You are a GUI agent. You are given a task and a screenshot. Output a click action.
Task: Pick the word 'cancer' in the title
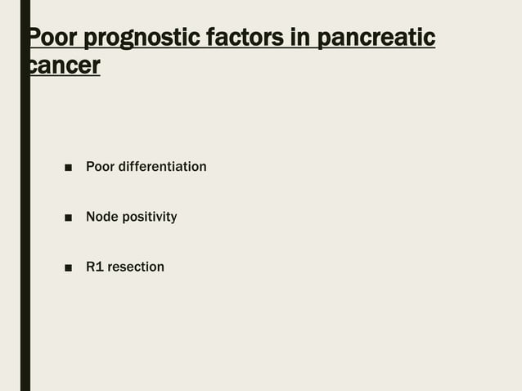pyautogui.click(x=65, y=66)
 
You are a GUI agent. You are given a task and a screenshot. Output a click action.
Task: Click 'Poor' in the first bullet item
pyautogui.click(x=100, y=167)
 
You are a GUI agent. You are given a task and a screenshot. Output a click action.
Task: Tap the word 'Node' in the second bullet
pyautogui.click(x=101, y=217)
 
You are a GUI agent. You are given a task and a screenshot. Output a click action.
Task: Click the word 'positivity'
pyautogui.click(x=149, y=217)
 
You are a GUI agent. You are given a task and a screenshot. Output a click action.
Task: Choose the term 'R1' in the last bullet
pyautogui.click(x=95, y=267)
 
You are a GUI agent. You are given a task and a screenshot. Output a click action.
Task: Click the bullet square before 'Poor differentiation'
pyautogui.click(x=69, y=168)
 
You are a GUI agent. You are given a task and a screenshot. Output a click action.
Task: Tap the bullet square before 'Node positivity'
pyautogui.click(x=69, y=218)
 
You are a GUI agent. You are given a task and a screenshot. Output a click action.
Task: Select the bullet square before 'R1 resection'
pyautogui.click(x=69, y=267)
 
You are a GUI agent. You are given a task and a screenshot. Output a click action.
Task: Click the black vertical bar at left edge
pyautogui.click(x=25, y=245)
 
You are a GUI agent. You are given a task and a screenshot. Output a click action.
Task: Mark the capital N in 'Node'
pyautogui.click(x=91, y=217)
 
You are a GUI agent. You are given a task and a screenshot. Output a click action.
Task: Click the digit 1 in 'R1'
pyautogui.click(x=100, y=267)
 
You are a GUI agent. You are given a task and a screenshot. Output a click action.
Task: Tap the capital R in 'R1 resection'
pyautogui.click(x=91, y=267)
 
